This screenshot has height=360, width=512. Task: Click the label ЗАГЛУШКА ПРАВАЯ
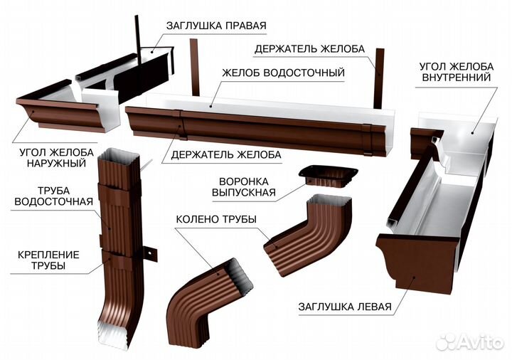click(x=216, y=26)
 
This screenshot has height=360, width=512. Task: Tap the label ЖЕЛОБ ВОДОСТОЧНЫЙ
click(x=284, y=72)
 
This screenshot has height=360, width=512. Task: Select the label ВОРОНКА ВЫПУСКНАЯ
click(x=244, y=187)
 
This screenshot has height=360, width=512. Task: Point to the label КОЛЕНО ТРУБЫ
click(x=216, y=219)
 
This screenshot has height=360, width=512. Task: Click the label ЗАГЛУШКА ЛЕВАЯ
click(x=345, y=307)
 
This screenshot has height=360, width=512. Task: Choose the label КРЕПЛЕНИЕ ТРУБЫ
click(x=48, y=260)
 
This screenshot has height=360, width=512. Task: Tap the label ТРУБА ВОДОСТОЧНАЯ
click(x=53, y=196)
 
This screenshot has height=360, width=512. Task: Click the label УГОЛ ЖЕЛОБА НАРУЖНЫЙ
click(x=56, y=157)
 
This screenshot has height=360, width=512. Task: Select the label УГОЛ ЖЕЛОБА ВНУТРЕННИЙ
click(x=457, y=72)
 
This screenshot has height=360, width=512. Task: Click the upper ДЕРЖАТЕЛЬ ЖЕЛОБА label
click(x=309, y=49)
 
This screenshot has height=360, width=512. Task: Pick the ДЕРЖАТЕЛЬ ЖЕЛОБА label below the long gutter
click(x=226, y=154)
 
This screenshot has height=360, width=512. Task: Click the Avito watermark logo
click(x=469, y=342)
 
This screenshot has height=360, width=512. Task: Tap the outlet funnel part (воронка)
click(x=328, y=176)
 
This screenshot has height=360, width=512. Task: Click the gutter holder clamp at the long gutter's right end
click(x=367, y=139)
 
